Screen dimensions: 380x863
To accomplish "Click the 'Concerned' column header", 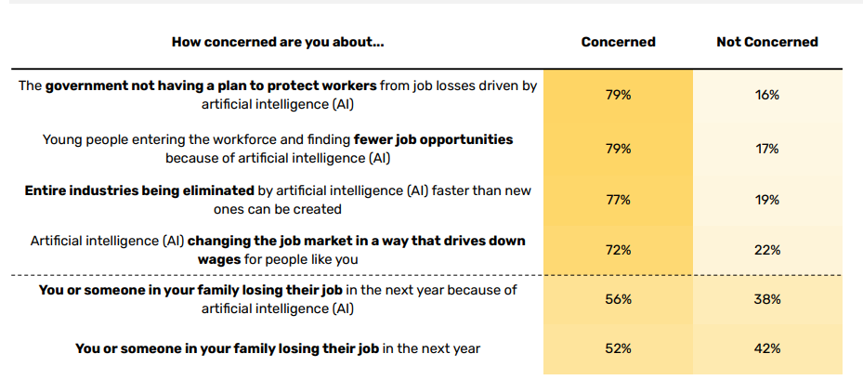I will point(618,42).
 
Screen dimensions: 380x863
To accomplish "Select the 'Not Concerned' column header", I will point(767,42).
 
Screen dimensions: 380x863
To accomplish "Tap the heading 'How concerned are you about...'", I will point(278,42).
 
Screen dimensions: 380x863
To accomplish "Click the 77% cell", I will point(618,200).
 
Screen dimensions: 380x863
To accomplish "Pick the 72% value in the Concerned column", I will point(618,250).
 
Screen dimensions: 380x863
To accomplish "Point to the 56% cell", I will point(618,299).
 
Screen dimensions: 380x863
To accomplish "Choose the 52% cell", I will point(618,349).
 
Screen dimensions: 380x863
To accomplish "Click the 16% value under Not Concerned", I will point(767,95).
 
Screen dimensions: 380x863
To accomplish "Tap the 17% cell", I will point(767,149).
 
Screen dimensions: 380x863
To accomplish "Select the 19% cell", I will point(767,200).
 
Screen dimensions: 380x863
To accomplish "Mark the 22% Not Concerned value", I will point(767,250).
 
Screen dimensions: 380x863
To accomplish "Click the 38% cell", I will point(767,299).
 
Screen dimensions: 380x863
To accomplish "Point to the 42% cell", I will point(767,349).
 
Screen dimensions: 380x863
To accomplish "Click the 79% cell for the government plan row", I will point(618,95).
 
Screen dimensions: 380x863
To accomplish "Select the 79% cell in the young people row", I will point(618,149).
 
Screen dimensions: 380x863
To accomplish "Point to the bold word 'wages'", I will point(219,259).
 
